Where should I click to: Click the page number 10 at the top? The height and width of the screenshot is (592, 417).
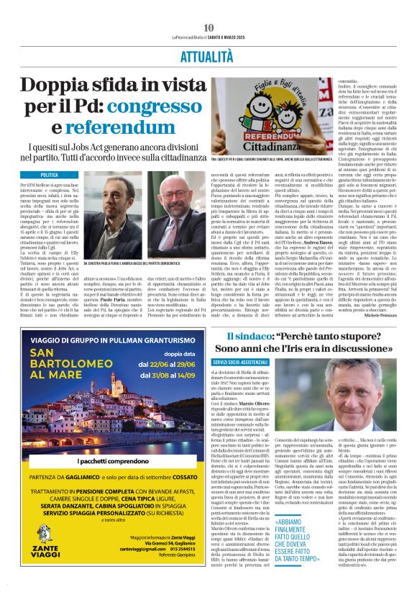click(208, 27)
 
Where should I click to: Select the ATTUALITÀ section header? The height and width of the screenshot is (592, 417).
click(208, 53)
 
